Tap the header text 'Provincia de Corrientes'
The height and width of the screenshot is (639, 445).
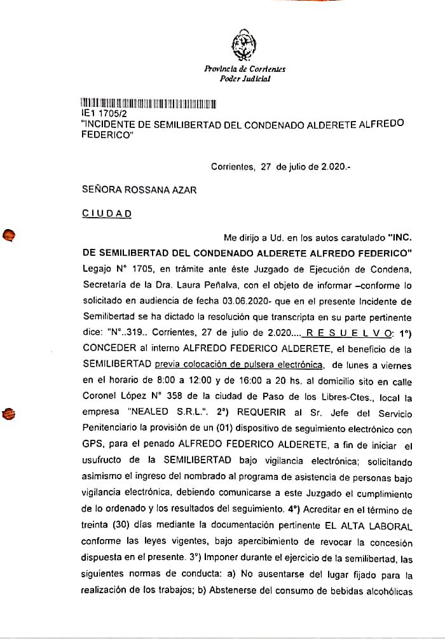tap(245, 69)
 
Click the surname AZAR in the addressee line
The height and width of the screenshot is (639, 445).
tap(182, 190)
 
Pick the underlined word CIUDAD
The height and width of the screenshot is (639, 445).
tap(107, 214)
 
